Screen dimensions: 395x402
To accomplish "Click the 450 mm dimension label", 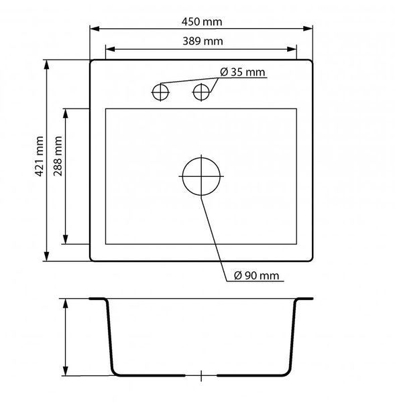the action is point(202,22).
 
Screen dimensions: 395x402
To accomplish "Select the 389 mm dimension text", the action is point(203,42).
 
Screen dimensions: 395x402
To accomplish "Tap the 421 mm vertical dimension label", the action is point(39,156).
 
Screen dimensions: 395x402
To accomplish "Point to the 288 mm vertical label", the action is point(58,156).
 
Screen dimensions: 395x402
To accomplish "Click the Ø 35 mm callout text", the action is point(242,72).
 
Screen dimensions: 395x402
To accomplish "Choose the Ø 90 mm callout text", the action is point(256,275).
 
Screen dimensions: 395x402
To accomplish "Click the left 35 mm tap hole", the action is point(160,92).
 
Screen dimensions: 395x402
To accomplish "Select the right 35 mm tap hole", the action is point(201,92).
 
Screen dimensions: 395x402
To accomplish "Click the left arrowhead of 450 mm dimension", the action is point(95,28).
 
